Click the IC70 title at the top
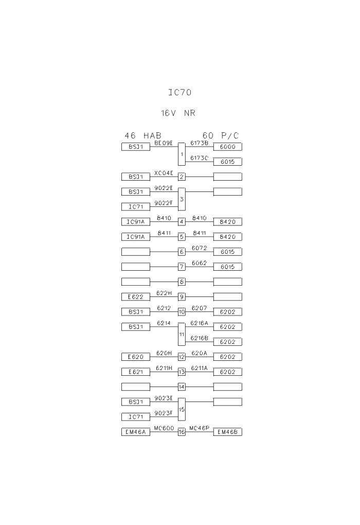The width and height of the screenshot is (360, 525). [x=180, y=93]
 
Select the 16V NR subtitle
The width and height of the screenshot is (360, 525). [x=178, y=113]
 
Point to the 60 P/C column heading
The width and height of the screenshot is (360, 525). [x=221, y=135]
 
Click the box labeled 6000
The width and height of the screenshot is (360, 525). [x=227, y=147]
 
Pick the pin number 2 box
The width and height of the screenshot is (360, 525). [x=182, y=177]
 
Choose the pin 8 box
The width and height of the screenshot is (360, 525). [x=182, y=282]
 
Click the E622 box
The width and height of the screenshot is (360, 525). [x=135, y=297]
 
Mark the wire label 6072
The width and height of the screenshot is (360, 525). [x=199, y=248]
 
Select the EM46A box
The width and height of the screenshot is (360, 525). [x=135, y=432]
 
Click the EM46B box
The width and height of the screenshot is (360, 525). [x=227, y=432]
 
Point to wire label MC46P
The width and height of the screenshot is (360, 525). [x=199, y=428]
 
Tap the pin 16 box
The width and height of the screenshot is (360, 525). [x=182, y=432]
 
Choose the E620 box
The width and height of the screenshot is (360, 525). [x=135, y=357]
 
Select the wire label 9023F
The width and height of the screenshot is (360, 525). [x=164, y=412]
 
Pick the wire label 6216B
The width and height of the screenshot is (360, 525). [x=199, y=338]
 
